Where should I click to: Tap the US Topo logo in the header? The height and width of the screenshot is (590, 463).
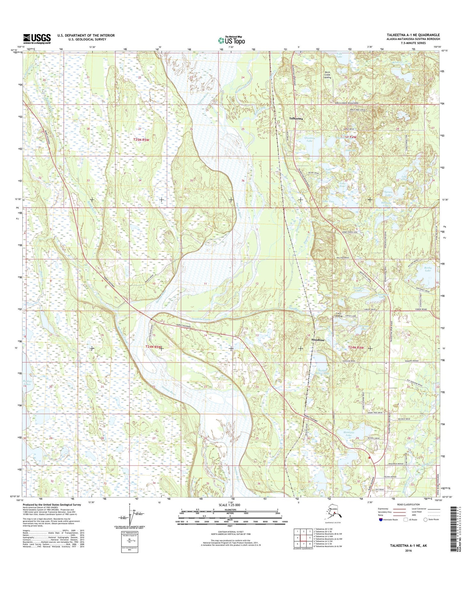[x=232, y=40]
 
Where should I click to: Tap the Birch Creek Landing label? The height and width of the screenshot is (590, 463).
[x=327, y=75]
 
